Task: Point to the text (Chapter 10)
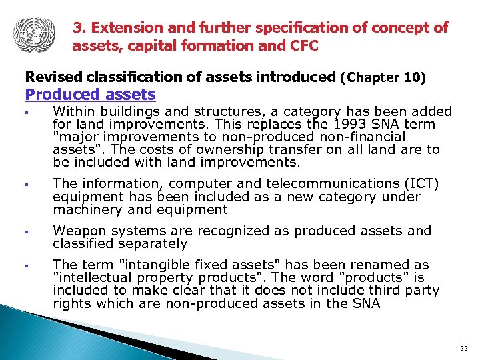coord(383,77)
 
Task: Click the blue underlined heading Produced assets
coord(90,95)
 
